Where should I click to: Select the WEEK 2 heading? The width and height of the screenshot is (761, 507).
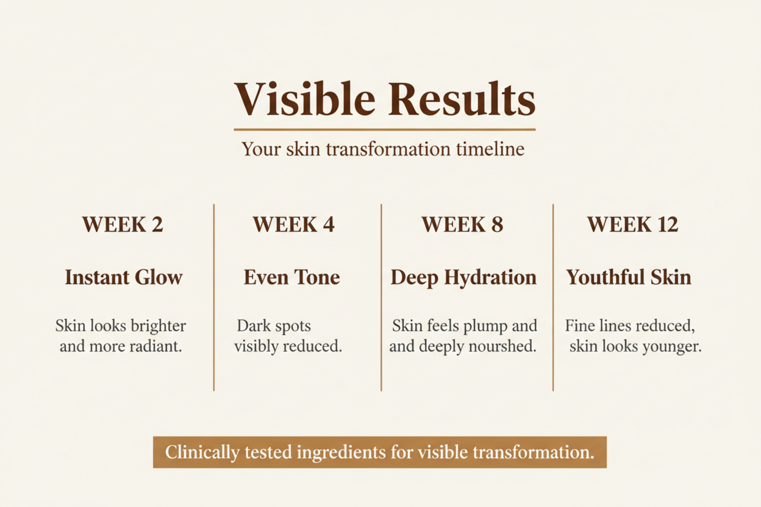pyautogui.click(x=122, y=225)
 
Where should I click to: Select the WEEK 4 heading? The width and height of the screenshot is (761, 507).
pyautogui.click(x=294, y=225)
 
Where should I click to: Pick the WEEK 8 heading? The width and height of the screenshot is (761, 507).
pyautogui.click(x=462, y=225)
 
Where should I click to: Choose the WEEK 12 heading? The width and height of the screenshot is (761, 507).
pyautogui.click(x=633, y=225)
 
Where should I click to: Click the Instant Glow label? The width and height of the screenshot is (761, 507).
pyautogui.click(x=124, y=277)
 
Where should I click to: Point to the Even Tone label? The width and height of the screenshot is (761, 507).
pyautogui.click(x=292, y=277)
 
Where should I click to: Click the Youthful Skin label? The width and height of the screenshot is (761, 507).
pyautogui.click(x=629, y=277)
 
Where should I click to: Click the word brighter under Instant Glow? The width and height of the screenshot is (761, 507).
pyautogui.click(x=158, y=326)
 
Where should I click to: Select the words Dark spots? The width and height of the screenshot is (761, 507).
pyautogui.click(x=274, y=326)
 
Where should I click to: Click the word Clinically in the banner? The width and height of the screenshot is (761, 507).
pyautogui.click(x=202, y=452)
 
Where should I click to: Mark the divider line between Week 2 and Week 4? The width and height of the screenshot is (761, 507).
pyautogui.click(x=214, y=297)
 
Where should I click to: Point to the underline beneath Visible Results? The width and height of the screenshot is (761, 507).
pyautogui.click(x=384, y=130)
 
